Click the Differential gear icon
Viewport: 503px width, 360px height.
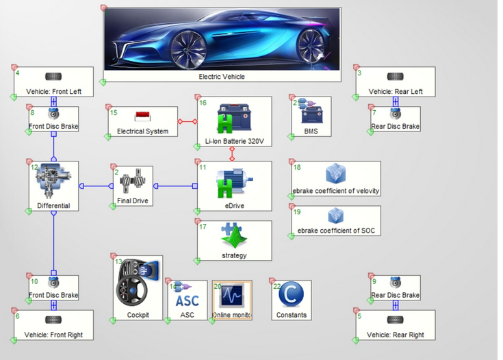[53, 181]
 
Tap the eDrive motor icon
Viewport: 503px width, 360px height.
[234, 182]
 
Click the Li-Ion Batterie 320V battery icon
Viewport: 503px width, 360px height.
[234, 118]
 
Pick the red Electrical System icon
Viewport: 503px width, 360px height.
[142, 116]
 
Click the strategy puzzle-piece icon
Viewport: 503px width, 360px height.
[234, 237]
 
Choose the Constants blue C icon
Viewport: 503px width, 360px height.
[291, 296]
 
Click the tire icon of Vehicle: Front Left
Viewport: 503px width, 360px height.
[53, 77]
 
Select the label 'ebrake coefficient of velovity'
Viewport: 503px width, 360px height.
[335, 191]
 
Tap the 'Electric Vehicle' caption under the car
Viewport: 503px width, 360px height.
[222, 77]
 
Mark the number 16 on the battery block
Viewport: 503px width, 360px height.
[203, 103]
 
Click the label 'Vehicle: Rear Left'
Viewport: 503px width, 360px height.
[396, 91]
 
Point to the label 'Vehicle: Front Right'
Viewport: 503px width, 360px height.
[53, 335]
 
